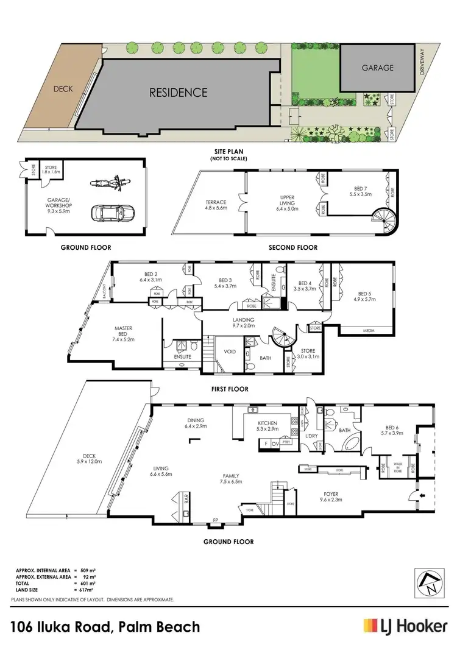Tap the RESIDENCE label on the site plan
point(179,93)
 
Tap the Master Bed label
point(124,332)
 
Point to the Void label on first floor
point(230,352)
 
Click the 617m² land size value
point(87,590)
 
